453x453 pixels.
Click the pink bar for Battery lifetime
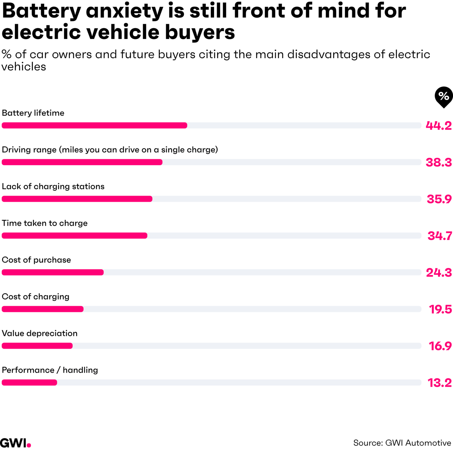(x=95, y=125)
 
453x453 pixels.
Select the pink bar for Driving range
(x=82, y=162)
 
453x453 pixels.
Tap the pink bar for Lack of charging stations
(x=77, y=199)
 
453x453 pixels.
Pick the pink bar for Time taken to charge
(x=75, y=235)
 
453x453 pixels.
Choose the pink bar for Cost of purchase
(x=53, y=272)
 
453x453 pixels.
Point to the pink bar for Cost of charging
(x=43, y=309)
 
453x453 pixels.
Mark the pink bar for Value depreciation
(x=37, y=346)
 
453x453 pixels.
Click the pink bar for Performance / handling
(x=29, y=382)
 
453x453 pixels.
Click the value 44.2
(x=439, y=126)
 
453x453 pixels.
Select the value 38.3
(x=439, y=162)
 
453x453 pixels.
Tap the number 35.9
(x=439, y=199)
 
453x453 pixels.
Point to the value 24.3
(x=439, y=273)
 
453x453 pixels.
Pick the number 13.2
(x=440, y=383)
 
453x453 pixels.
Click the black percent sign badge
(x=444, y=96)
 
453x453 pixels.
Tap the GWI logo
(x=15, y=443)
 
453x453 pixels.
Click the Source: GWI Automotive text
(x=402, y=443)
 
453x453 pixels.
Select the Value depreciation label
(x=39, y=334)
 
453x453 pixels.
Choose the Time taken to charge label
(x=45, y=223)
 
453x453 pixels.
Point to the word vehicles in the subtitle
(x=24, y=67)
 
